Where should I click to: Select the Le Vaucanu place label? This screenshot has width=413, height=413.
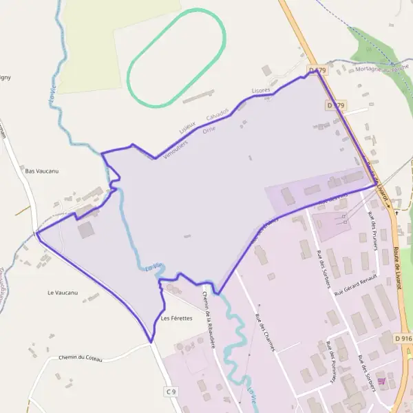point(63,293)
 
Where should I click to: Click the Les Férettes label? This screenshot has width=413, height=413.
point(176,319)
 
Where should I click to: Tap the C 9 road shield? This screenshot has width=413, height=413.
point(171,391)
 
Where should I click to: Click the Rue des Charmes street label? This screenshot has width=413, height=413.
point(265,332)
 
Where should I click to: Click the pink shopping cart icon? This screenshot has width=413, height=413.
point(381,381)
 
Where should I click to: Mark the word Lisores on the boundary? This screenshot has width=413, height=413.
point(261,90)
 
